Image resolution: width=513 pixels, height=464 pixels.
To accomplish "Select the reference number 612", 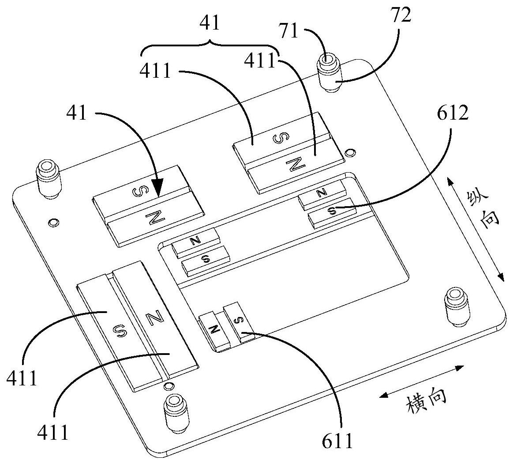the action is pos(453,113).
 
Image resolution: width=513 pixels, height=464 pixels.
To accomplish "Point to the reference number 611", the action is pos(337,441).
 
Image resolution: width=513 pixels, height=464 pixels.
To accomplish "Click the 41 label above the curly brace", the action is pos(210,23).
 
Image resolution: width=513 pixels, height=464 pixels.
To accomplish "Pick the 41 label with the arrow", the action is pos(77,113).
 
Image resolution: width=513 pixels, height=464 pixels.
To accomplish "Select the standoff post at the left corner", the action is pos(49,179).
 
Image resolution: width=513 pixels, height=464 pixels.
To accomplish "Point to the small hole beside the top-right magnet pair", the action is pos(350,152).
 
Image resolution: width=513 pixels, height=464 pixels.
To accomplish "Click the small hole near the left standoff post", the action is pos(53,223).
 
